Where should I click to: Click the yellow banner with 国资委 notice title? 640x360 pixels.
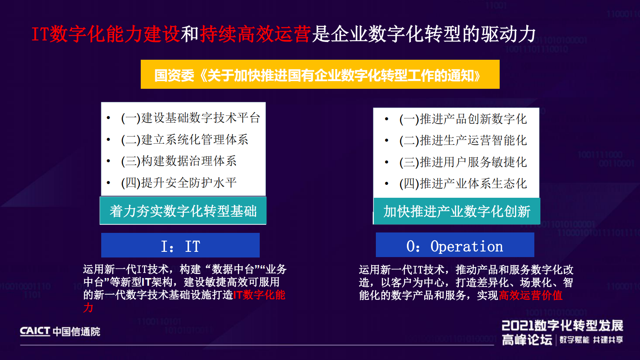(320, 75)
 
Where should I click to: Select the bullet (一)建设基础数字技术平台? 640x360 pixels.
(190, 118)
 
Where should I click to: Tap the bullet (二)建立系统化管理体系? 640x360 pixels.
(184, 140)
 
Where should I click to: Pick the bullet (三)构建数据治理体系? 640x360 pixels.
(179, 161)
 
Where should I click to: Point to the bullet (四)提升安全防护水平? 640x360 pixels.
(179, 183)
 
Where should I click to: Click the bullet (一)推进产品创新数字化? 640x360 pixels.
(463, 119)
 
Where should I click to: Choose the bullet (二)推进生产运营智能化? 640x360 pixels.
(463, 140)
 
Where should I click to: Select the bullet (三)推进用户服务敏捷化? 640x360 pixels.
(463, 162)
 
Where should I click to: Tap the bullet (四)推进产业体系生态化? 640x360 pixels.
(463, 184)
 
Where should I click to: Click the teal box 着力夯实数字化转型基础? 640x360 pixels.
(183, 211)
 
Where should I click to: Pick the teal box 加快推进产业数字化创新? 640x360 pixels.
(457, 211)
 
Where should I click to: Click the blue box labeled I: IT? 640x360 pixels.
(180, 245)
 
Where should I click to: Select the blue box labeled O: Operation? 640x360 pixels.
(455, 245)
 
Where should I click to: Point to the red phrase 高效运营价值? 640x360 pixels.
(530, 295)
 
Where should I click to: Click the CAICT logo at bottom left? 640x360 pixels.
(35, 331)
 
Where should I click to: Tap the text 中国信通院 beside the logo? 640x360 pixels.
(76, 332)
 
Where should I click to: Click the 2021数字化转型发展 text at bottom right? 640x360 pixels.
(562, 326)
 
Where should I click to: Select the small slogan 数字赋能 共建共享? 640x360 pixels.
(591, 340)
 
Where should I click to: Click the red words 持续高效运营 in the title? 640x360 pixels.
(255, 34)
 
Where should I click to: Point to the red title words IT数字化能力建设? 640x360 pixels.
(106, 34)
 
